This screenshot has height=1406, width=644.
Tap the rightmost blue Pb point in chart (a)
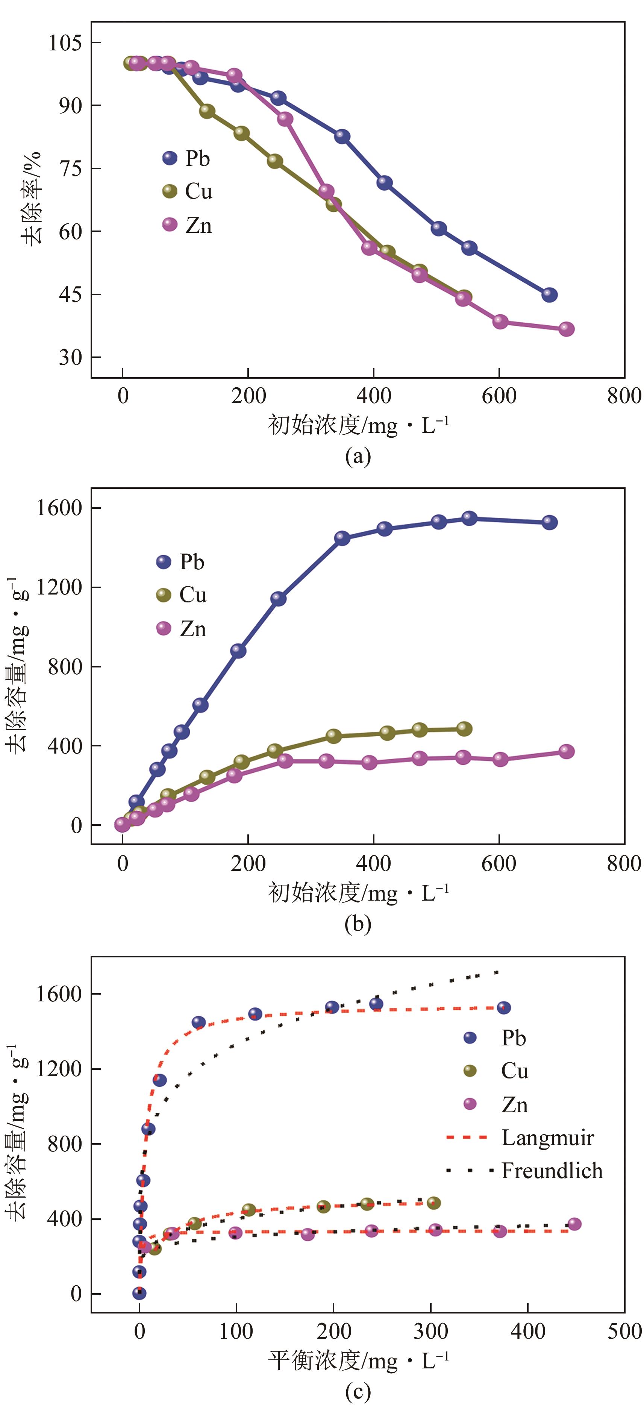click(x=549, y=295)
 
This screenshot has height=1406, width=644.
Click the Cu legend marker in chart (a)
click(x=170, y=191)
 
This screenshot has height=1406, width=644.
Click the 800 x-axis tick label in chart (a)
click(x=624, y=396)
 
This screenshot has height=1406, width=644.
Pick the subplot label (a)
click(x=358, y=456)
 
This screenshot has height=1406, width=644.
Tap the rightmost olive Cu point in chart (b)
click(x=464, y=729)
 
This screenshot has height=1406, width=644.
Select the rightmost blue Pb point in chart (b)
click(x=549, y=522)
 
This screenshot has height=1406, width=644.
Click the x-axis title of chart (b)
click(x=358, y=893)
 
